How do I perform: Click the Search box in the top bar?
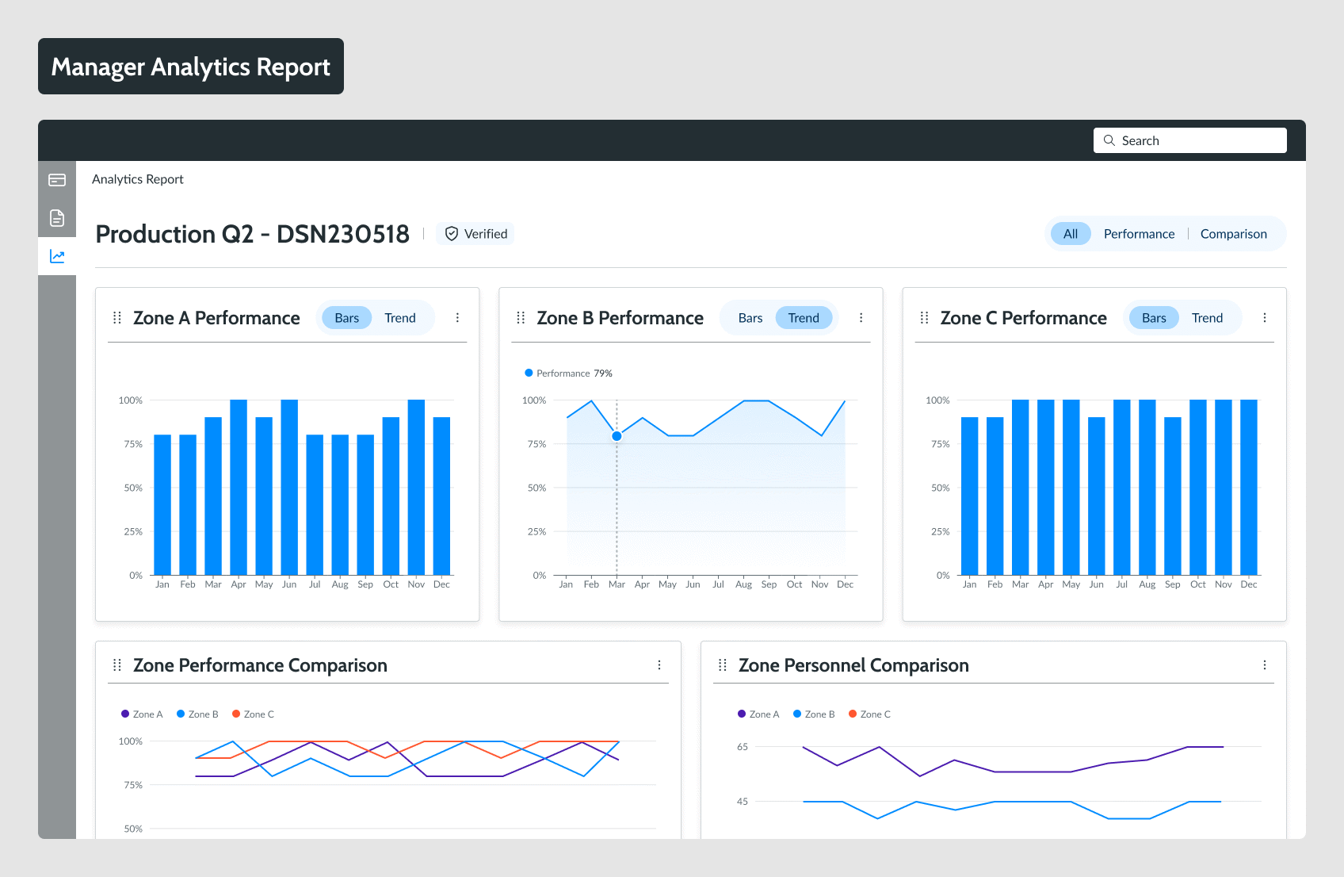[x=1189, y=140]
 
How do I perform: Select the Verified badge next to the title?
[x=475, y=234]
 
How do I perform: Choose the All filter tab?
[x=1071, y=234]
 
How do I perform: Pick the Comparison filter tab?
[x=1233, y=234]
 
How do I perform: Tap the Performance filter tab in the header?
[x=1139, y=234]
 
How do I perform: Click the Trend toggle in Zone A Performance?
[x=399, y=318]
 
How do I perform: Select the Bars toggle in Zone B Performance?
[x=750, y=318]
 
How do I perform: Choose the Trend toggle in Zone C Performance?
[x=1207, y=318]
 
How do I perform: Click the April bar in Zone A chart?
[x=239, y=487]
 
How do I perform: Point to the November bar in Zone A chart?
[x=416, y=487]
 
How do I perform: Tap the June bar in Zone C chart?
[x=1097, y=496]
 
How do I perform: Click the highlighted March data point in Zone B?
[x=617, y=436]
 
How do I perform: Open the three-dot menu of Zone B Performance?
[x=861, y=318]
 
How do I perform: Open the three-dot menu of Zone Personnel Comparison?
[x=1265, y=665]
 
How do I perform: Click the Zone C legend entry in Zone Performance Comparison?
[x=254, y=714]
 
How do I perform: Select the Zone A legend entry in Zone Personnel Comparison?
[x=759, y=714]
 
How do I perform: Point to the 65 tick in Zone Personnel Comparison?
[x=743, y=747]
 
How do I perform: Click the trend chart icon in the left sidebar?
[x=57, y=256]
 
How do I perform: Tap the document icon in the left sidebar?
[x=57, y=218]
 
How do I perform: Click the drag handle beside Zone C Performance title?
[x=924, y=318]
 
